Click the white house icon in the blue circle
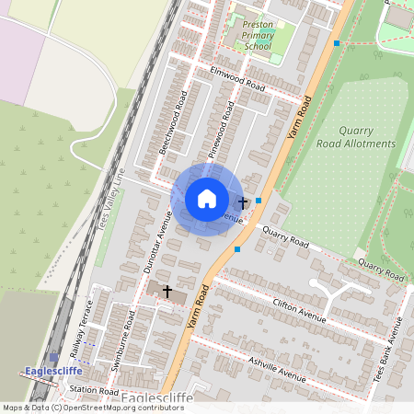point(207,199)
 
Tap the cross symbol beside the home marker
point(243,201)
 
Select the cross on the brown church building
point(167,291)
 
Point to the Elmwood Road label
point(237,78)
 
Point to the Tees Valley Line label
point(109,199)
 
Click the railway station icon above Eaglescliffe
point(53,357)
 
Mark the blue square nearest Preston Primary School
point(338,43)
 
